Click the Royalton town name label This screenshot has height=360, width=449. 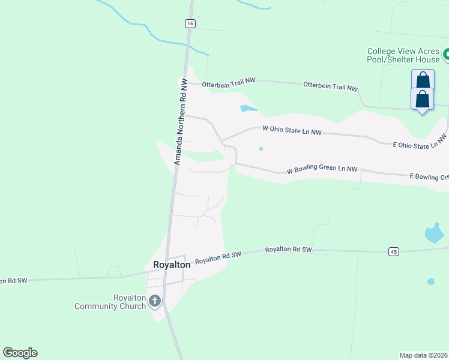(172, 264)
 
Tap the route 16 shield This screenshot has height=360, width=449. (190, 23)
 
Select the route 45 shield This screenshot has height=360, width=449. (393, 251)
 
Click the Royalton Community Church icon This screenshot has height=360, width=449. (155, 301)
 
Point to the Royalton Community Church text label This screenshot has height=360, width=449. (110, 302)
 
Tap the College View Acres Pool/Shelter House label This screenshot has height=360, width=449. (403, 55)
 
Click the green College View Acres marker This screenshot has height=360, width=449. (445, 56)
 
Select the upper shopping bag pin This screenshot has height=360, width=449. (423, 80)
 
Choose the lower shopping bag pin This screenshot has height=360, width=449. (422, 98)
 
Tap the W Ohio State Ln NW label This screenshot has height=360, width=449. (292, 130)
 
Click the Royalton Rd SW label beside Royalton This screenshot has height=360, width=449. (218, 257)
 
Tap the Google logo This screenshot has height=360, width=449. (20, 353)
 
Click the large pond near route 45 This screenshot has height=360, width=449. (433, 233)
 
